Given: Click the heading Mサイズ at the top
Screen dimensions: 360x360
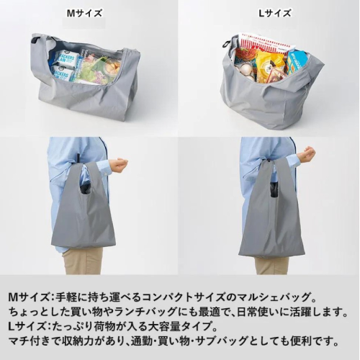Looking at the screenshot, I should pyautogui.click(x=84, y=12).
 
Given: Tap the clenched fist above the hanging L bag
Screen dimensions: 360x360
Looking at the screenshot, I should pyautogui.click(x=308, y=153).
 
